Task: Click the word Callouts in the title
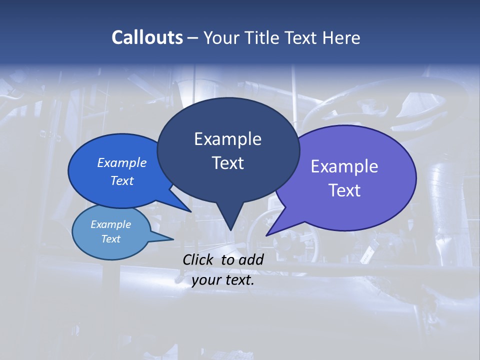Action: click(x=147, y=37)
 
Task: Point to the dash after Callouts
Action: click(x=193, y=37)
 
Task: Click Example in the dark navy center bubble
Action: click(x=227, y=139)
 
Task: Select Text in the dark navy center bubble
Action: click(x=227, y=163)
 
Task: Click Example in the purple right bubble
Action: click(x=344, y=166)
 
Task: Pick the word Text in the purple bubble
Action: click(x=344, y=190)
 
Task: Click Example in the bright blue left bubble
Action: click(x=122, y=162)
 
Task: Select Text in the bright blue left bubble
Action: click(x=122, y=180)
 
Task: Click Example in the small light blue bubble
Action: click(x=110, y=224)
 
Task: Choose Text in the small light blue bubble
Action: click(x=110, y=239)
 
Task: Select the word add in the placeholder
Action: click(x=251, y=259)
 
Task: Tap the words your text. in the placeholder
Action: click(x=223, y=280)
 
